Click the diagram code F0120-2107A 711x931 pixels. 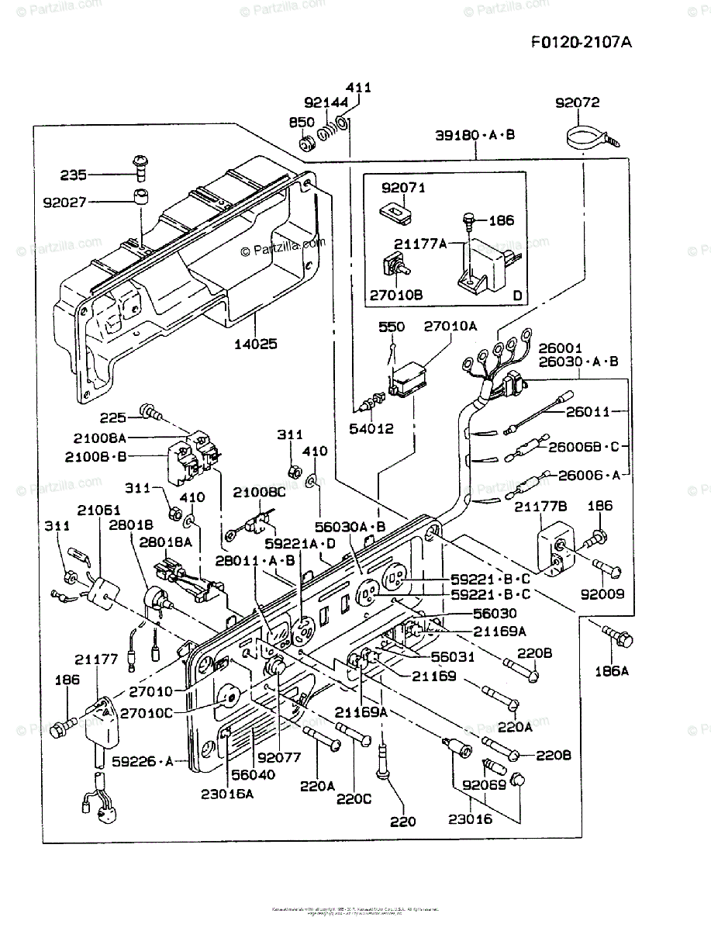(581, 41)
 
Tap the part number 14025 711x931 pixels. (257, 343)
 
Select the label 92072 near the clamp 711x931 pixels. (578, 102)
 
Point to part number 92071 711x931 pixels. (403, 188)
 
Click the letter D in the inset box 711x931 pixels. (516, 296)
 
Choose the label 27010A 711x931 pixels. (450, 326)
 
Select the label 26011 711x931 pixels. (588, 411)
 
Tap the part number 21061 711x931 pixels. (98, 509)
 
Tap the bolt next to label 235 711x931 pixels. (140, 164)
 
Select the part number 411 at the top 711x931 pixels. (358, 88)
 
